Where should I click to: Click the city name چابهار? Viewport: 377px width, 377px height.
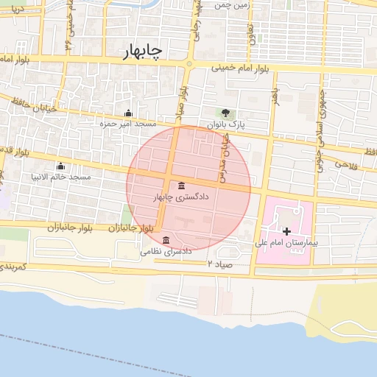click(x=144, y=50)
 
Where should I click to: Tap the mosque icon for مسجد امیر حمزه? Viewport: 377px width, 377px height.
click(x=129, y=113)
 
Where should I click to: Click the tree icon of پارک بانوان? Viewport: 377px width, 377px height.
click(x=225, y=113)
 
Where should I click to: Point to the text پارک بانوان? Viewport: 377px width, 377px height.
click(x=225, y=125)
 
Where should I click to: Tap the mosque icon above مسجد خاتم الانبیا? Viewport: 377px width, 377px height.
click(x=60, y=166)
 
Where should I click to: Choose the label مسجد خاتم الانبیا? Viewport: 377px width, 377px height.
click(x=60, y=177)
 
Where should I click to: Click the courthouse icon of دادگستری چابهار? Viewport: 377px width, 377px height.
click(x=181, y=184)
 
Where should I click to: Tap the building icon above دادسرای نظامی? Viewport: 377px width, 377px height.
click(x=166, y=240)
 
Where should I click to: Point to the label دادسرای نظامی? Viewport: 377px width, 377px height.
click(x=166, y=252)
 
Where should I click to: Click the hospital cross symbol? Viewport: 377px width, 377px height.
click(x=287, y=232)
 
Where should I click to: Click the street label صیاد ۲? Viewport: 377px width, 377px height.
click(x=220, y=263)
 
